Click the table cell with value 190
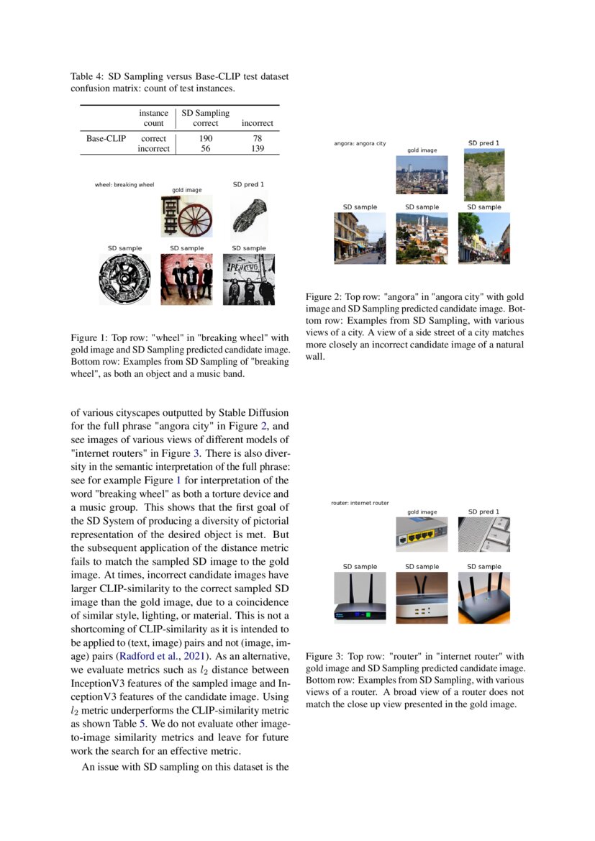(x=205, y=138)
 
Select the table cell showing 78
(x=258, y=138)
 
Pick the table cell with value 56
(x=205, y=149)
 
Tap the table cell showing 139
(x=258, y=149)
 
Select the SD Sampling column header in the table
(x=205, y=113)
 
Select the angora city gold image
(x=422, y=175)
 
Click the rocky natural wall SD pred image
(x=483, y=175)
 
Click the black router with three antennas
(x=483, y=596)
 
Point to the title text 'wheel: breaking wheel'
(x=124, y=185)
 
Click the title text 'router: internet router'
(x=360, y=503)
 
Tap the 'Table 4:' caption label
(x=87, y=76)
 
